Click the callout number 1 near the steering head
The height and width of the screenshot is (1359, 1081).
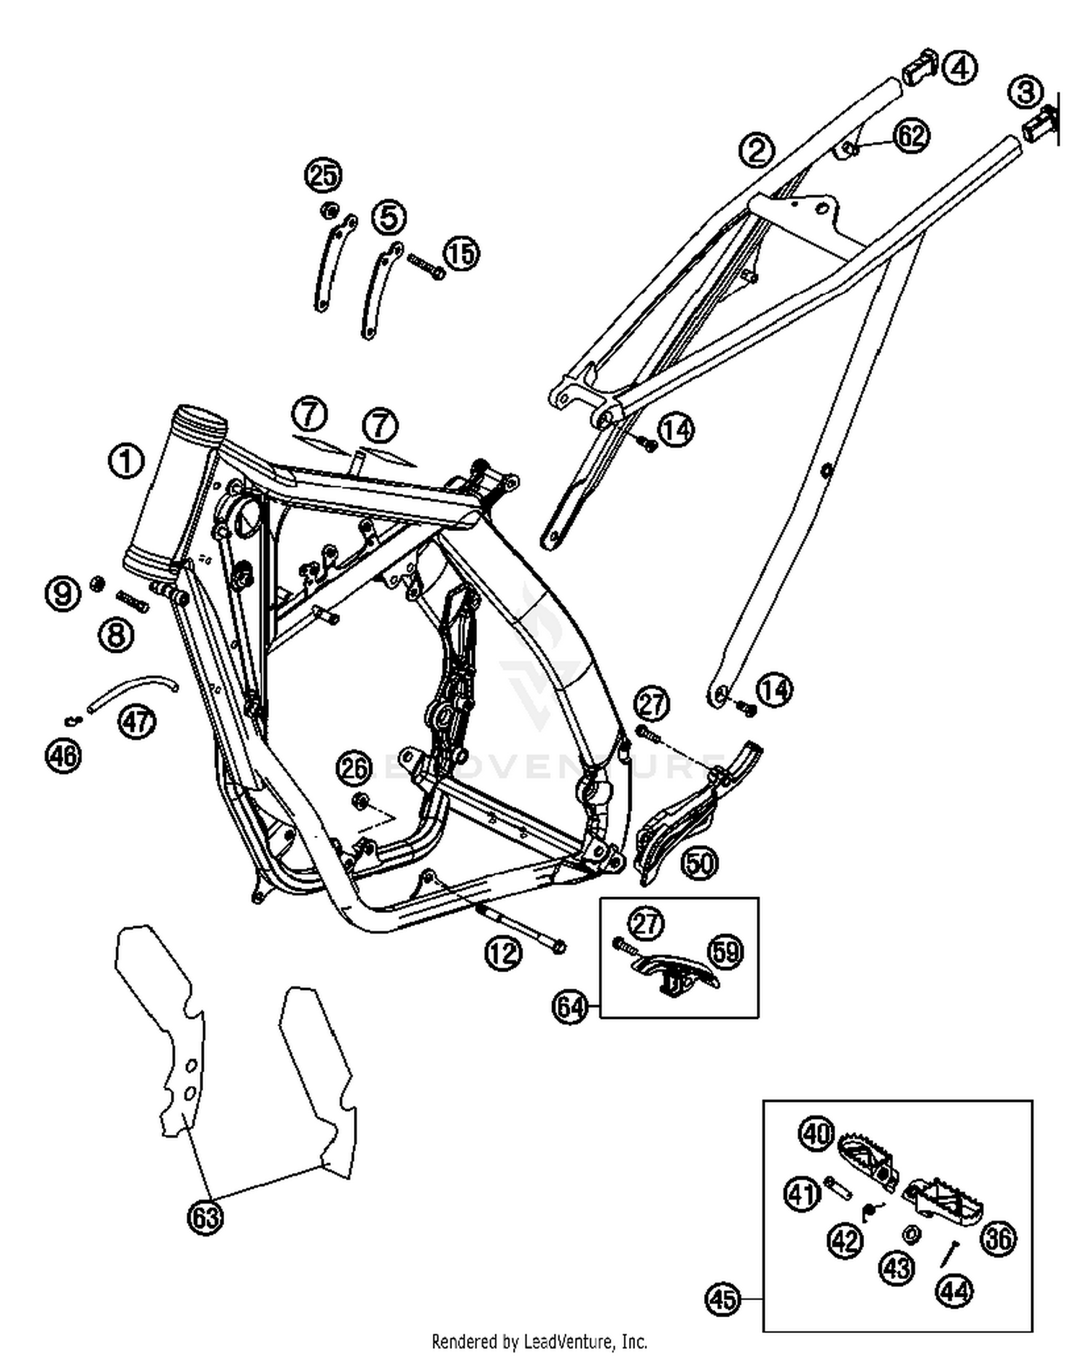(126, 461)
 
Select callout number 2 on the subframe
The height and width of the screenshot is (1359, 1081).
(756, 150)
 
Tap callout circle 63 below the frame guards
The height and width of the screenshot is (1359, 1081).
(205, 1217)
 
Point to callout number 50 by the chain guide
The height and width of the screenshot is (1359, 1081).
(700, 863)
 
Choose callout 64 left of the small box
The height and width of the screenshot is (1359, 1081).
(571, 1006)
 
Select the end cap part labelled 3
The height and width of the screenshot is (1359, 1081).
(1040, 124)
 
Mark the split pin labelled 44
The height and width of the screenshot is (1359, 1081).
(949, 1253)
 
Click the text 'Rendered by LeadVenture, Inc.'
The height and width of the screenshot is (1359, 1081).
(539, 1341)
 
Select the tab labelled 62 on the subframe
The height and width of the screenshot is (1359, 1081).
(848, 148)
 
